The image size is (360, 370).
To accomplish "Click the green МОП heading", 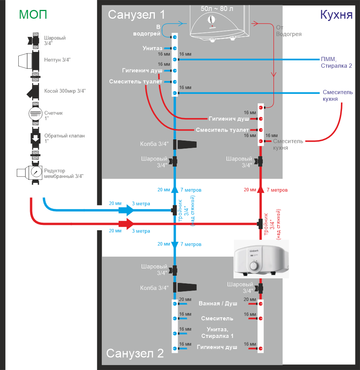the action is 33,15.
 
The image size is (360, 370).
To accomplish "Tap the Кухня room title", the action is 336,15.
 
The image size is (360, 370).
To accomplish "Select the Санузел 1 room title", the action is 137,15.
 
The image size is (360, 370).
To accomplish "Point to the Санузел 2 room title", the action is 135,353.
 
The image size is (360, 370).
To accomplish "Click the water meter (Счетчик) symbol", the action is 35,114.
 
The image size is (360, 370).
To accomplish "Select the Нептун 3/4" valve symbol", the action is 29,61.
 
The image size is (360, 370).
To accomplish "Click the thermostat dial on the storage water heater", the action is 211,19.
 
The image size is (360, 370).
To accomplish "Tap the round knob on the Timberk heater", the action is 254,266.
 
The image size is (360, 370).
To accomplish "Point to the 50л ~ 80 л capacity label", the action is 217,9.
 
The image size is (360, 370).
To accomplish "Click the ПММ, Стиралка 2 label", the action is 336,62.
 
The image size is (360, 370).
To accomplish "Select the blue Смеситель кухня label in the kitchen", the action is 337,95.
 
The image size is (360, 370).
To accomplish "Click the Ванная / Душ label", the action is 218,304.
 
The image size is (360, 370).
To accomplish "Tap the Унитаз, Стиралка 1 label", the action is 217,333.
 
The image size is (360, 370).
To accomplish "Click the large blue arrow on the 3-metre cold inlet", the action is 126,210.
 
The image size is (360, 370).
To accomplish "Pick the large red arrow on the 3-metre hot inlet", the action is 126,224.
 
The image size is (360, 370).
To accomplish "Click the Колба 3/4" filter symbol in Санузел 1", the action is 185,144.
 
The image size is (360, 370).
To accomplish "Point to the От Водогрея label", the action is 289,31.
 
